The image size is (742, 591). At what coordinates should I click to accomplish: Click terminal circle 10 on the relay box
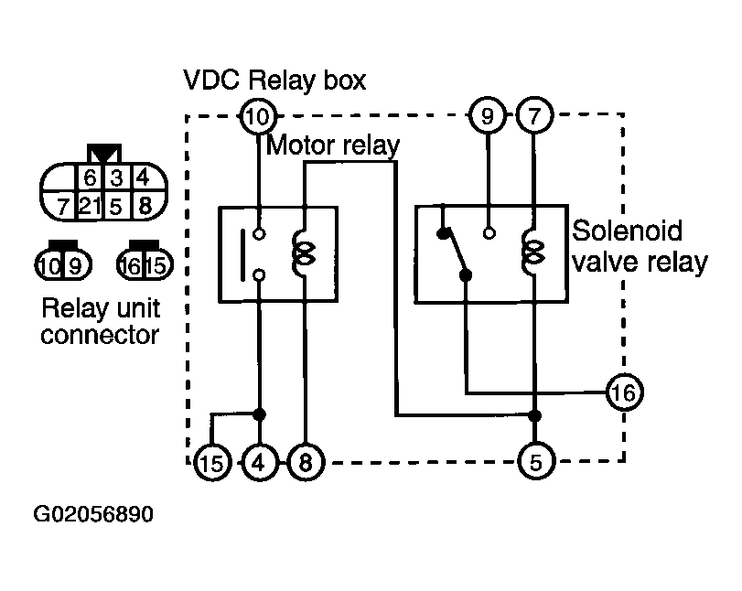point(258,116)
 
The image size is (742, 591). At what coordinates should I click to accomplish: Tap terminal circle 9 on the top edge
point(487,115)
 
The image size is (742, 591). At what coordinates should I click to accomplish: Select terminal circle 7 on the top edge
point(533,115)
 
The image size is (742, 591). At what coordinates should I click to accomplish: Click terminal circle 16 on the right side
point(624,392)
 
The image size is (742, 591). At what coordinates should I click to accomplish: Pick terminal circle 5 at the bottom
point(535,462)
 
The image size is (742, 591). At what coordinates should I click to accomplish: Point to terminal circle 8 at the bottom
point(306,462)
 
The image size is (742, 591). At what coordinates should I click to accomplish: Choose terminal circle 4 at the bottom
point(259,462)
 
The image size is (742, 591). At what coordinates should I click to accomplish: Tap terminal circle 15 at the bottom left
point(212,462)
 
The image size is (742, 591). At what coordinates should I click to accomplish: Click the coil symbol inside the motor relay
point(304,253)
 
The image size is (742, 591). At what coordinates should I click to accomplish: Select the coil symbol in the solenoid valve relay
point(532,253)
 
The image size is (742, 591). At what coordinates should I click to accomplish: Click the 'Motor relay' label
point(333,145)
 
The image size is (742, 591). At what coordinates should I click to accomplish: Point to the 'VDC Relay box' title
point(274,80)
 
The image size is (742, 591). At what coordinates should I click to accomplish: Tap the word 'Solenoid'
point(627,231)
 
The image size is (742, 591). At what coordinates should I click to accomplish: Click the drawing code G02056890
point(93,514)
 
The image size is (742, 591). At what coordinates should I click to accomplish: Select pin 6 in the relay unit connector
point(90,177)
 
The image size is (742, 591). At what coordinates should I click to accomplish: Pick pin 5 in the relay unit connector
point(115,207)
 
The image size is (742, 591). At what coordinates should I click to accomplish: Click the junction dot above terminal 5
point(534,416)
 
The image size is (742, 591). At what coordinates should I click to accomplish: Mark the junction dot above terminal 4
point(259,414)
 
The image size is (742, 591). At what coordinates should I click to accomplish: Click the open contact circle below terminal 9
point(489,233)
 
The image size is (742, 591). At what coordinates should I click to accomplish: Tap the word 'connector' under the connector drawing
point(100,335)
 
